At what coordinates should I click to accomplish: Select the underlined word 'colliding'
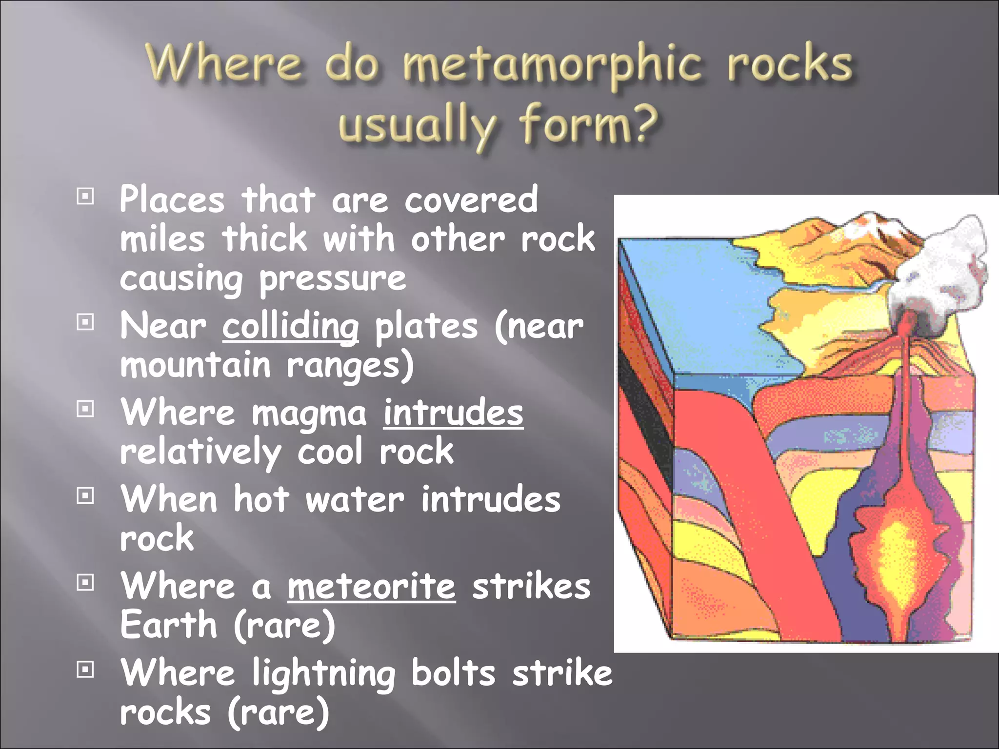pos(291,327)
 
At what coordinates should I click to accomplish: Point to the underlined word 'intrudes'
pos(453,413)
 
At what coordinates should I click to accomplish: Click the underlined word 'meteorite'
pos(371,586)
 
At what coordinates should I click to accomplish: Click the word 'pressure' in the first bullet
pos(332,279)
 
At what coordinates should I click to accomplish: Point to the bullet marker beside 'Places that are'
pos(85,197)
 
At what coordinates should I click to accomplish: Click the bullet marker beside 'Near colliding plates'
pos(85,322)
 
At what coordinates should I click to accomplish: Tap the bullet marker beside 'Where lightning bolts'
pos(85,669)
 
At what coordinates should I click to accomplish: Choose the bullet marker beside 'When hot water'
pos(85,496)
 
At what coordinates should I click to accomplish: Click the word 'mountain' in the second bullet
pos(195,366)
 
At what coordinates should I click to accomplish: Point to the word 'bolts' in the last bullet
pos(453,673)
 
